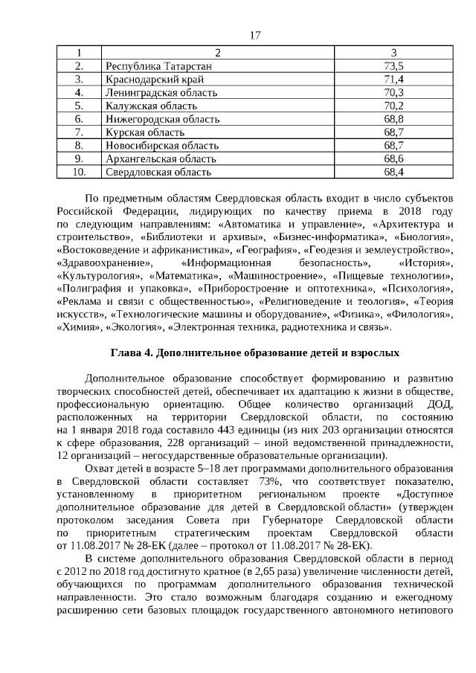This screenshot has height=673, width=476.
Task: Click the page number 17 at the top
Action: click(x=255, y=36)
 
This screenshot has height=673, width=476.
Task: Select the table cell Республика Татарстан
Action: click(x=159, y=66)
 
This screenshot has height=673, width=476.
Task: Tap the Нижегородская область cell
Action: click(x=163, y=119)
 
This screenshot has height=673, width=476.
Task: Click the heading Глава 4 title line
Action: click(x=255, y=352)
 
